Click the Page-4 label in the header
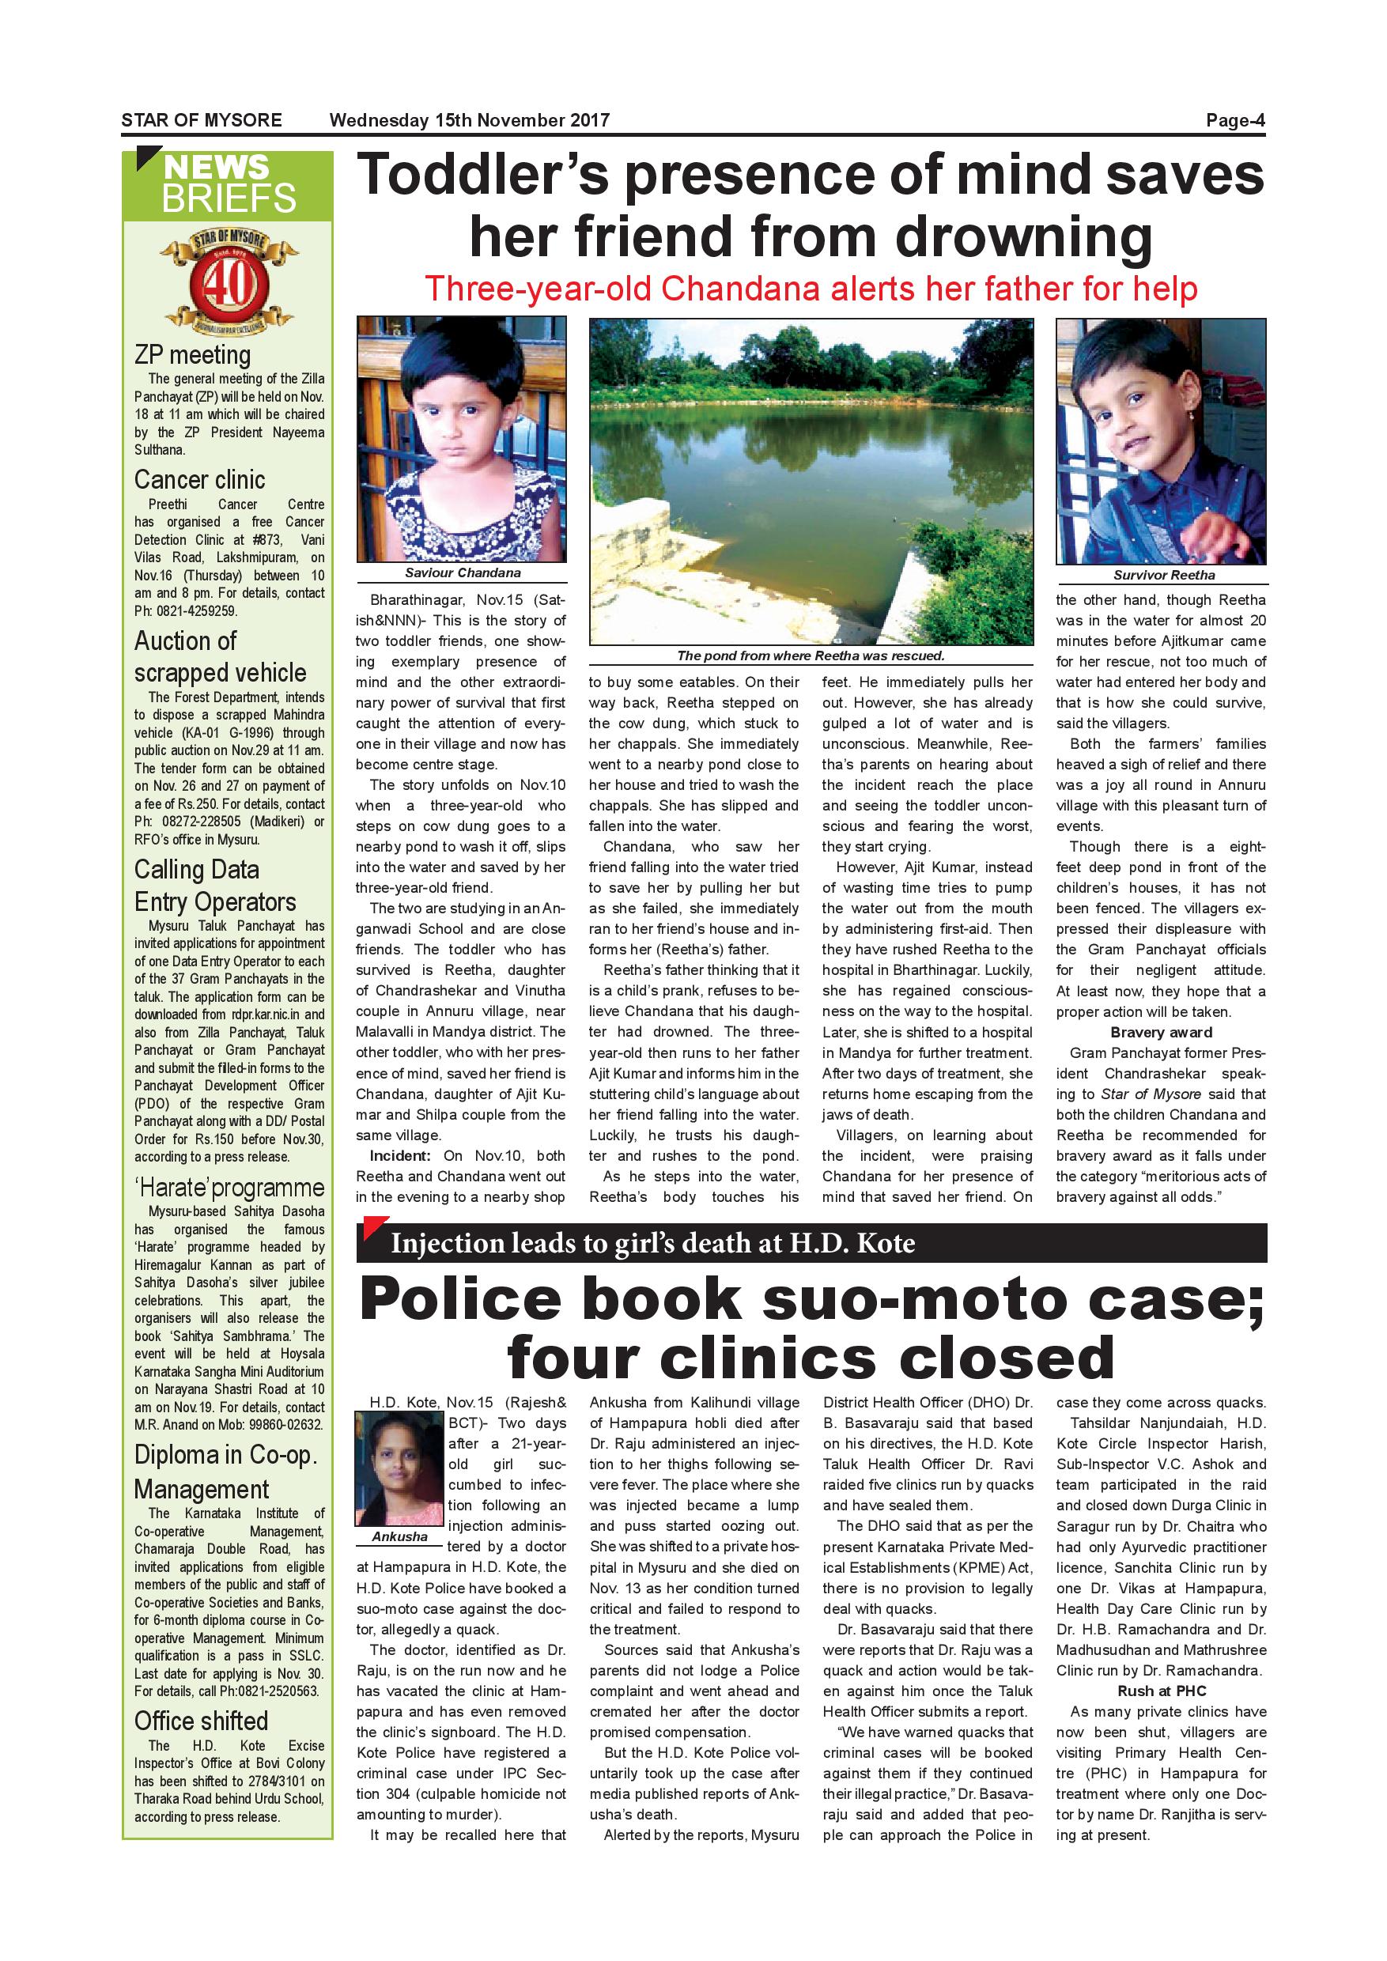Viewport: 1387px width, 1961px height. tap(1234, 120)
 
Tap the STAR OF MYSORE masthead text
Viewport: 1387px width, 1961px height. tap(202, 120)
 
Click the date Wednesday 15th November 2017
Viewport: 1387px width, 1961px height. tap(469, 120)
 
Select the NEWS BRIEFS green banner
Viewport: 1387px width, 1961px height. tap(228, 183)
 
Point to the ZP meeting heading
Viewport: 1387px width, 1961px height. tap(192, 354)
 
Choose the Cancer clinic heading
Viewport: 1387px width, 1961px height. tap(199, 480)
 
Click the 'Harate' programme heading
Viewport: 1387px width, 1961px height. tap(229, 1187)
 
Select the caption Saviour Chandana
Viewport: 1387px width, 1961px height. tap(462, 573)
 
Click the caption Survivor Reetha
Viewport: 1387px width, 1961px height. tap(1163, 576)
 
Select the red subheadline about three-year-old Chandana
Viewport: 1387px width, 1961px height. tap(811, 289)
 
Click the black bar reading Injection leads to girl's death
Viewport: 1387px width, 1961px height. tap(811, 1243)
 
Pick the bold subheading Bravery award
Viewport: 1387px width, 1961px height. tap(1161, 1033)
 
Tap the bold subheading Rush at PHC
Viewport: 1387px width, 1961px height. tap(1161, 1691)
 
